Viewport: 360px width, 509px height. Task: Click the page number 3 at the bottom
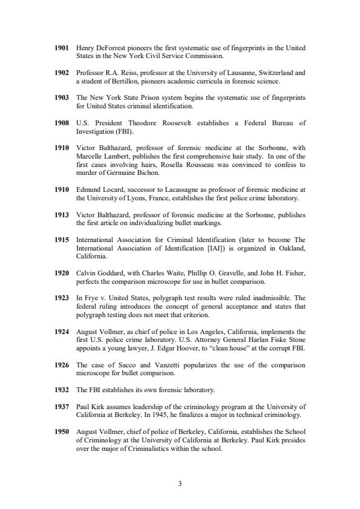tap(180, 483)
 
